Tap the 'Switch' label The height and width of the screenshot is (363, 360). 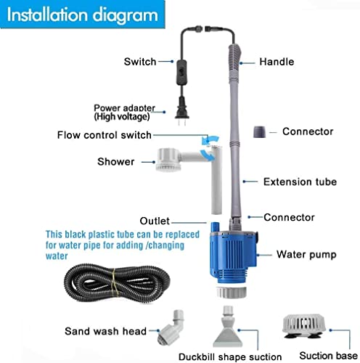click(139, 62)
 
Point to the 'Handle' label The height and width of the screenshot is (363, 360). click(276, 62)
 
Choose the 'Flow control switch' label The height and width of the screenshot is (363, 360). click(115, 134)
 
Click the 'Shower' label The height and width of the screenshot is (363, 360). click(116, 161)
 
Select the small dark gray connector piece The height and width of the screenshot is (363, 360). click(259, 131)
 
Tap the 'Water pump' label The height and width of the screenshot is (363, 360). click(306, 255)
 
